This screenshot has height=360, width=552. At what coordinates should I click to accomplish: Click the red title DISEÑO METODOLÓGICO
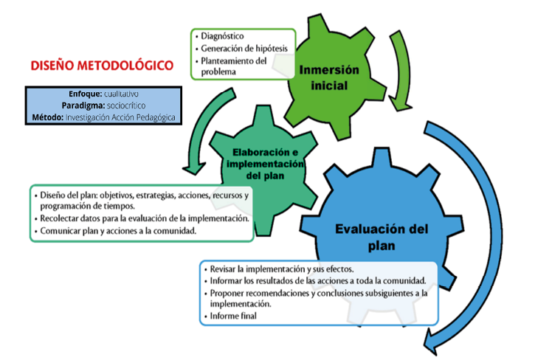[x=102, y=66]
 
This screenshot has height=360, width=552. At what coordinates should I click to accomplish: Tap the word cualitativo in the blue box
[x=121, y=94]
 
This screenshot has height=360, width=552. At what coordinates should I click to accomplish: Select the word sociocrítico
[x=126, y=105]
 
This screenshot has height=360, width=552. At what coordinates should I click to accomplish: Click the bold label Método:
[x=47, y=117]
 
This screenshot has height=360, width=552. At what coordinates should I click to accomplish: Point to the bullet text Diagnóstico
[x=222, y=36]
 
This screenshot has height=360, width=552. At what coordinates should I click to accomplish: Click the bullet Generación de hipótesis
[x=244, y=49]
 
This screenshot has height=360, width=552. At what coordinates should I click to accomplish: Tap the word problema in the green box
[x=218, y=72]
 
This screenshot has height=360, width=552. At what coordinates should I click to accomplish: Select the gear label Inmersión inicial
[x=329, y=77]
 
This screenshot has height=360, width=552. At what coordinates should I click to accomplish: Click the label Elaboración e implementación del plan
[x=265, y=164]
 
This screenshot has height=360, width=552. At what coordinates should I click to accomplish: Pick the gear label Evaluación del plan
[x=382, y=237]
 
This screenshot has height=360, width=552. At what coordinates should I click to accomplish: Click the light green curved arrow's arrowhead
[x=400, y=103]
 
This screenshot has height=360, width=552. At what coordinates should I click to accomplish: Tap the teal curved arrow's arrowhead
[x=194, y=168]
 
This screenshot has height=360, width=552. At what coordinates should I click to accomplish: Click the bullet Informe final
[x=233, y=316]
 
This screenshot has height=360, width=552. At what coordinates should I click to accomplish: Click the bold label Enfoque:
[x=86, y=94]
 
